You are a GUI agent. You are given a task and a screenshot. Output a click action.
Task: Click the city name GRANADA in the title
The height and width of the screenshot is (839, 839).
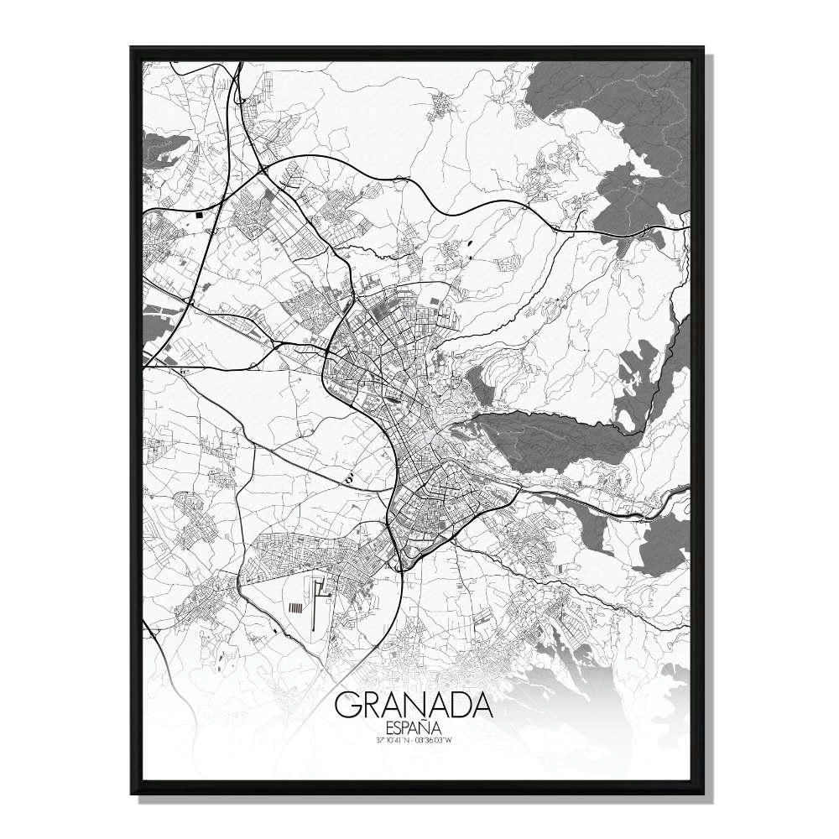[x=413, y=706]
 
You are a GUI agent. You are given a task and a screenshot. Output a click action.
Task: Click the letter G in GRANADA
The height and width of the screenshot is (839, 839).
[x=347, y=706]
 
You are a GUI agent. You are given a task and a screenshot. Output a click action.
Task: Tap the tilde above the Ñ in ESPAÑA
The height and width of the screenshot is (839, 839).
[x=428, y=721]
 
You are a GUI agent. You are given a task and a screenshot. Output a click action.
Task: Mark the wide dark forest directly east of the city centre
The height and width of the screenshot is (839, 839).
[x=554, y=436]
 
